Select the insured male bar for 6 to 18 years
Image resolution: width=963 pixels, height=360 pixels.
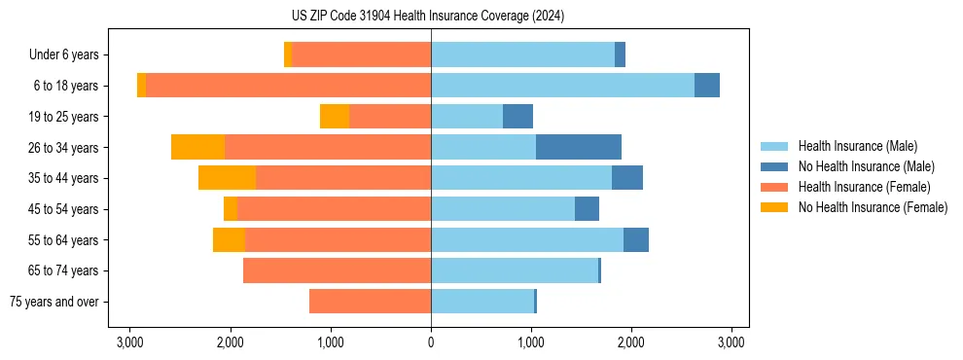(x=562, y=86)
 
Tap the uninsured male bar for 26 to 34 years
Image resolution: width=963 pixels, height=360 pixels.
(x=578, y=147)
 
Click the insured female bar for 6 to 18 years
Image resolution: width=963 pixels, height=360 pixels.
(x=288, y=86)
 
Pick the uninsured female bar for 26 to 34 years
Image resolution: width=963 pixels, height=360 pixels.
(x=197, y=147)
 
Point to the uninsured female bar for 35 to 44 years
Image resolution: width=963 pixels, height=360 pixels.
(x=227, y=178)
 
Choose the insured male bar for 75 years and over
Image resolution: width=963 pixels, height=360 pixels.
(x=482, y=302)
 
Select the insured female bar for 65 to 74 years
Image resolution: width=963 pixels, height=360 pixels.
(x=337, y=270)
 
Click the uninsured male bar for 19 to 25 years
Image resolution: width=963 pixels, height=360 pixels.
(x=517, y=117)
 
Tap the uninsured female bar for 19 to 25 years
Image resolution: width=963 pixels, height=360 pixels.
(x=335, y=117)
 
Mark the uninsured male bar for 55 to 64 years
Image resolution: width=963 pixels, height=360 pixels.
(x=635, y=239)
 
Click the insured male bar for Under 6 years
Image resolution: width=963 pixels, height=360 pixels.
(x=522, y=54)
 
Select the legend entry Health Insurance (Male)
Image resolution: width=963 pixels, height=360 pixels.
(x=857, y=146)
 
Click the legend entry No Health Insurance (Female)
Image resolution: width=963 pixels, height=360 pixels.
(x=873, y=207)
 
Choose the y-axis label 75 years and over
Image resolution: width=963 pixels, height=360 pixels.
(x=53, y=302)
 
